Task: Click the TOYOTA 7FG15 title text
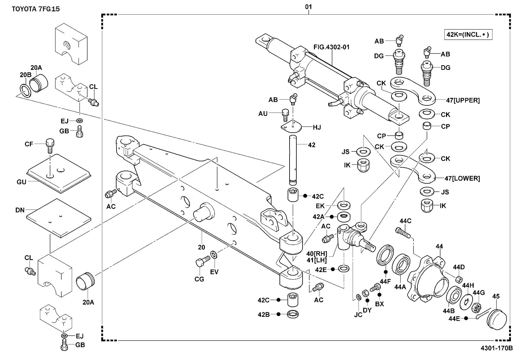pyautogui.click(x=36, y=9)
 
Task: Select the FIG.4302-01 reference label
pyautogui.click(x=331, y=47)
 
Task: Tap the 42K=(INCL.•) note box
pyautogui.click(x=468, y=34)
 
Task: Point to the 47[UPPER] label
pyautogui.click(x=463, y=100)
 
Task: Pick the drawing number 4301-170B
pyautogui.click(x=497, y=348)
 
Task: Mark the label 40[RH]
pyautogui.click(x=316, y=253)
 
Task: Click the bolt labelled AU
pyautogui.click(x=285, y=114)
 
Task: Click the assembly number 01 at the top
pyautogui.click(x=308, y=7)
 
